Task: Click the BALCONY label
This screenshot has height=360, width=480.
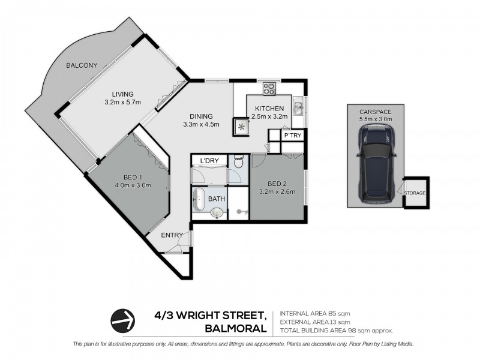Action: click(82, 65)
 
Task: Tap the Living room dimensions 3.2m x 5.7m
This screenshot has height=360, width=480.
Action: click(122, 102)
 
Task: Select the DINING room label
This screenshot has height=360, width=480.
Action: click(201, 116)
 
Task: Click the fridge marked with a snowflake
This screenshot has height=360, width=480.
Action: click(243, 127)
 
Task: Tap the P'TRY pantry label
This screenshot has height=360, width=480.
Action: click(292, 136)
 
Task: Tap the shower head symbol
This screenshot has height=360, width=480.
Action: click(241, 211)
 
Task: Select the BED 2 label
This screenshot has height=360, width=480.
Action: click(277, 184)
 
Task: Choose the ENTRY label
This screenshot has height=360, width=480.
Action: click(172, 235)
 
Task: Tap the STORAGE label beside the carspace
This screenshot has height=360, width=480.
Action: click(415, 193)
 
